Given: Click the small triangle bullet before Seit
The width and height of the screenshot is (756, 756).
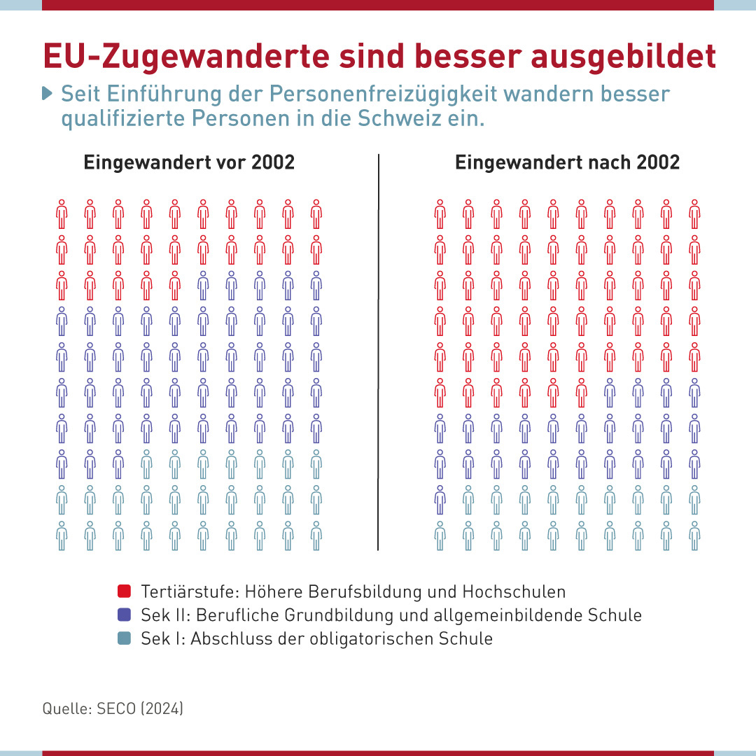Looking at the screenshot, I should (x=48, y=93).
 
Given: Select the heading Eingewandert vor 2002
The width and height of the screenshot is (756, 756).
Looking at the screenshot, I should (x=189, y=162).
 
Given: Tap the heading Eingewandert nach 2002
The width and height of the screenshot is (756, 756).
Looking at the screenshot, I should (x=567, y=162).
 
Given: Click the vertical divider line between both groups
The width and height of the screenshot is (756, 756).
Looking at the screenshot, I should (x=378, y=350).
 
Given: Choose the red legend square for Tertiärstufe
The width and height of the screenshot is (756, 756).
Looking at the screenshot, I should (x=125, y=591).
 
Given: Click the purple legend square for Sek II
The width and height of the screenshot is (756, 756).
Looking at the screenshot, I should (x=125, y=615).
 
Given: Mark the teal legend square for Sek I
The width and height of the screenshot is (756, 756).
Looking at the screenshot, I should (x=125, y=638).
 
